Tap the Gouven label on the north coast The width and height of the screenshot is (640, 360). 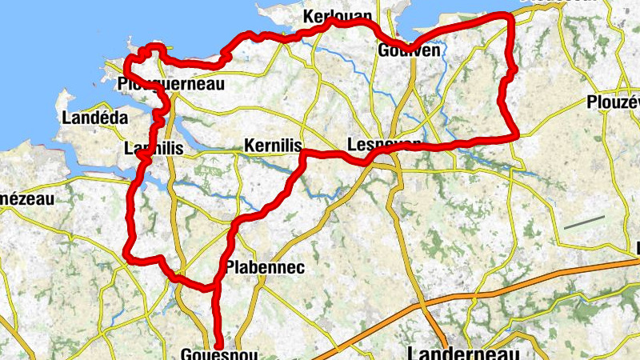pyautogui.click(x=409, y=50)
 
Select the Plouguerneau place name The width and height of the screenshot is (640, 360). pyautogui.click(x=169, y=83)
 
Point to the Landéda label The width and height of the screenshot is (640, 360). pyautogui.click(x=94, y=118)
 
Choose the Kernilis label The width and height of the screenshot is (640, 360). pyautogui.click(x=273, y=146)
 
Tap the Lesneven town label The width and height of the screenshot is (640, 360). pyautogui.click(x=385, y=145)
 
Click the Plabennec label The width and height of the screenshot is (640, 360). pyautogui.click(x=265, y=267)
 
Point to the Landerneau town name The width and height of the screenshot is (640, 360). pyautogui.click(x=463, y=353)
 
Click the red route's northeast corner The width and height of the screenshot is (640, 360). pyautogui.click(x=506, y=17)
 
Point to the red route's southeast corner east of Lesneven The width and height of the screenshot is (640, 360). pyautogui.click(x=515, y=134)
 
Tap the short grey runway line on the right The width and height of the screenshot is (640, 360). pyautogui.click(x=583, y=222)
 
